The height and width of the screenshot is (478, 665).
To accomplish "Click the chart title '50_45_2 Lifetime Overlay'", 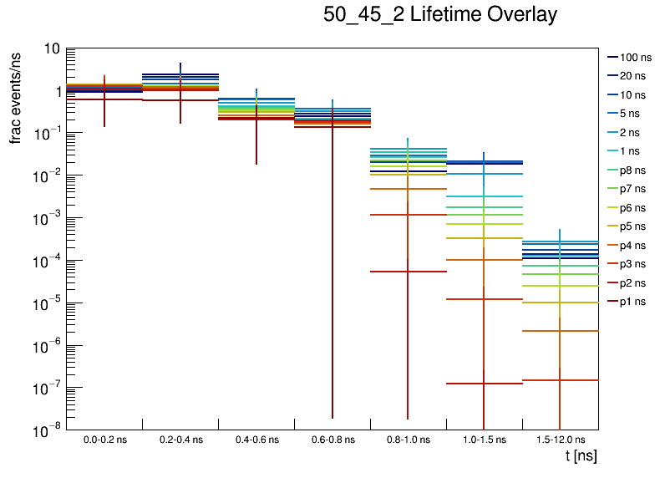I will click(x=439, y=15).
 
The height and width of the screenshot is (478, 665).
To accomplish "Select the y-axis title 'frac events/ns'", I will click(x=16, y=97).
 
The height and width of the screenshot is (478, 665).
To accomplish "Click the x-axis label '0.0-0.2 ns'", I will click(x=104, y=439).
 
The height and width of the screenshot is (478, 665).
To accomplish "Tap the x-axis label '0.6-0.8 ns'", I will click(x=332, y=439).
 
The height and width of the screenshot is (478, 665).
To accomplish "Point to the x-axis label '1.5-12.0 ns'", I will click(x=561, y=439).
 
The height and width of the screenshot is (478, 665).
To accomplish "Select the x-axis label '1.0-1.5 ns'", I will click(x=485, y=439).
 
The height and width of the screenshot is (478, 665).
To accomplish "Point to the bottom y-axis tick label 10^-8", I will click(x=46, y=430).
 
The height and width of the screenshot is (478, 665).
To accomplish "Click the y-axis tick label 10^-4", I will click(x=46, y=261).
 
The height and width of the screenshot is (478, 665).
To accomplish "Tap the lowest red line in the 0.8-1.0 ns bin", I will click(x=408, y=272).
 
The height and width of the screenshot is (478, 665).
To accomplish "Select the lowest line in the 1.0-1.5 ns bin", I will click(x=485, y=384).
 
